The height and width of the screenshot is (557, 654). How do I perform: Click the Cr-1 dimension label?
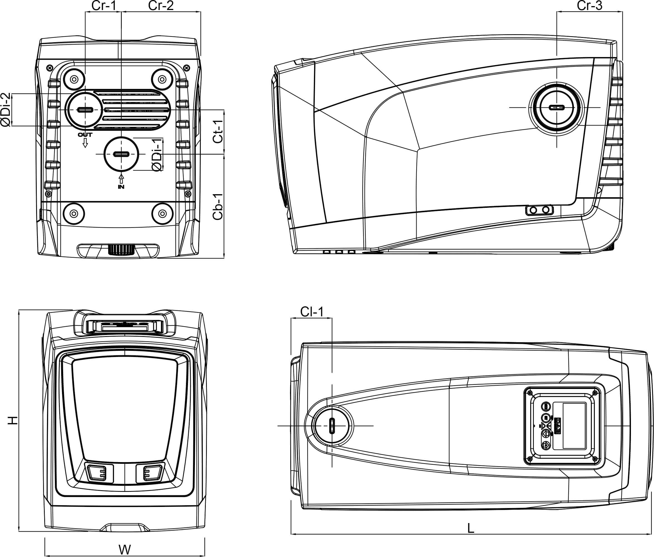[x=103, y=5]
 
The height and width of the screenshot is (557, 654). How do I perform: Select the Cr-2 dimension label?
[x=161, y=5]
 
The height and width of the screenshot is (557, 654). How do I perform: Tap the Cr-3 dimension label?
[x=589, y=5]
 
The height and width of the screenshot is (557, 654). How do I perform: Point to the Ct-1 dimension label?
[x=218, y=131]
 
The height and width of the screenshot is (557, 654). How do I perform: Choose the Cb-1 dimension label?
[x=218, y=206]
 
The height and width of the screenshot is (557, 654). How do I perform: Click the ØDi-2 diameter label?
[x=6, y=110]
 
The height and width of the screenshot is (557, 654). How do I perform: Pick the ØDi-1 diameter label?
[x=157, y=155]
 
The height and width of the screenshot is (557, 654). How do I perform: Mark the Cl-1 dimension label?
[x=312, y=312]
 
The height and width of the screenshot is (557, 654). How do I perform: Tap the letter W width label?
[x=125, y=550]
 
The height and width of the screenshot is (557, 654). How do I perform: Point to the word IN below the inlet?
[x=121, y=187]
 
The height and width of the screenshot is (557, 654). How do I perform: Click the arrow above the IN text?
[x=121, y=179]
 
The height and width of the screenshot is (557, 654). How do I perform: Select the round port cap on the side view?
[x=556, y=107]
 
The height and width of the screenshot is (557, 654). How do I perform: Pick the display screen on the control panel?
[x=574, y=425]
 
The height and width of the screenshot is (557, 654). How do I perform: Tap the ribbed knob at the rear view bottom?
[x=121, y=250]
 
